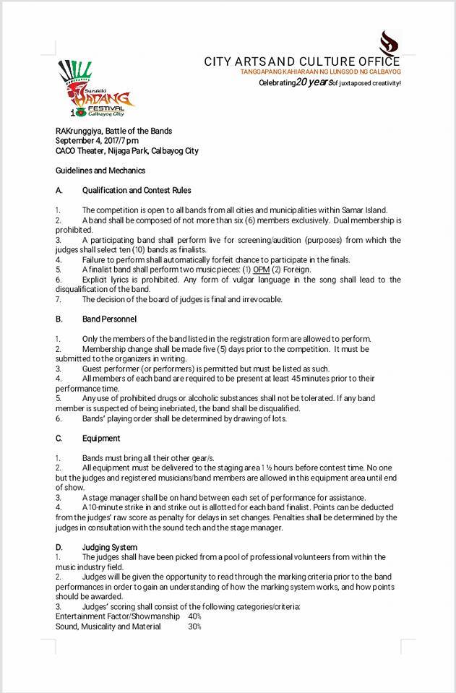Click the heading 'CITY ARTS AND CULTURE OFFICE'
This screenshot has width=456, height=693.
tap(302, 62)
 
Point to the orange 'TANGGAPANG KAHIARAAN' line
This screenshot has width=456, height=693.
tap(321, 72)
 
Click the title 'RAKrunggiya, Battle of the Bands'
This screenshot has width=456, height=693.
tap(114, 131)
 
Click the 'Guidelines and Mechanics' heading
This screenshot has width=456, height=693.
tap(100, 171)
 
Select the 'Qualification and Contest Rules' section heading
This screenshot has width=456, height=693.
tap(137, 190)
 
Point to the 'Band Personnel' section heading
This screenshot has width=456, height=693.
tap(109, 319)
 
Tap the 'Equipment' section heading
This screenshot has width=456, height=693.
tap(101, 438)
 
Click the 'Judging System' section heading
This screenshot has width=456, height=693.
tap(110, 547)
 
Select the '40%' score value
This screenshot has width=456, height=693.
tap(194, 616)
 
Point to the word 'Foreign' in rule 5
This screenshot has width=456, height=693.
tap(296, 270)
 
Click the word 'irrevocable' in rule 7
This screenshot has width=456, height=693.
tap(260, 299)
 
